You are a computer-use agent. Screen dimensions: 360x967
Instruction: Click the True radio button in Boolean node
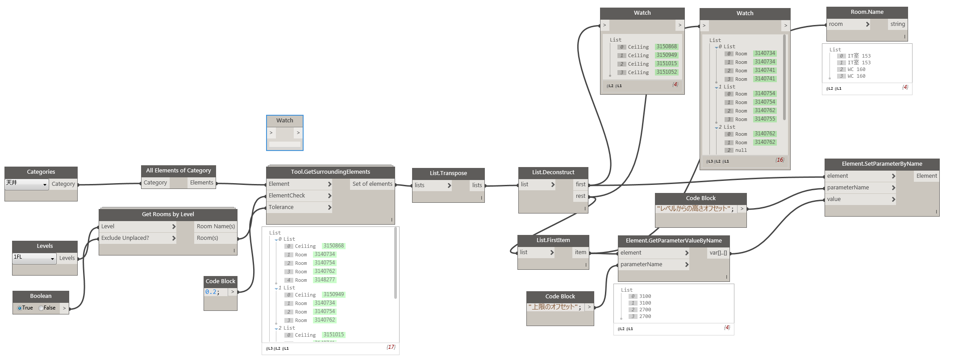tap(20, 308)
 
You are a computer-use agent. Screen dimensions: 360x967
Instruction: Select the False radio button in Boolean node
tap(42, 308)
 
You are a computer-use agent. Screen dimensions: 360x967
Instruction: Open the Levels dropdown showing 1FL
tap(34, 258)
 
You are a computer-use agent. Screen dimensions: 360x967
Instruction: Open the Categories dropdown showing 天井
tap(27, 184)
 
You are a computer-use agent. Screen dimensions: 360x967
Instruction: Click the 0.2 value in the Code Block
tap(212, 292)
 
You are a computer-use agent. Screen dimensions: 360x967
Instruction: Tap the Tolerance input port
tap(300, 207)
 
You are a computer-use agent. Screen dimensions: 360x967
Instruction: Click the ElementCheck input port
tap(300, 196)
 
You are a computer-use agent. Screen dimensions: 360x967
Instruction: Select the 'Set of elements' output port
tap(372, 184)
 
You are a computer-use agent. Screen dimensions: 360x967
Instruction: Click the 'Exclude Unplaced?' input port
tap(138, 238)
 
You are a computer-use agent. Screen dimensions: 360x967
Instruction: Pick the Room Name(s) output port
tap(216, 226)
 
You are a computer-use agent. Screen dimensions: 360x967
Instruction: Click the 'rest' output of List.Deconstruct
tap(580, 196)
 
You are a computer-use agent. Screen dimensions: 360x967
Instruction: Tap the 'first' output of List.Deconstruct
tap(580, 184)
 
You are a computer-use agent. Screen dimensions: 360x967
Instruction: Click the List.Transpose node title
tap(448, 173)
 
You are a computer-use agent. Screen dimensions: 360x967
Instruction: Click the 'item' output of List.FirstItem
tap(580, 252)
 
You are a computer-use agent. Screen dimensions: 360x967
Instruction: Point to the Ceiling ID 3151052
tap(667, 72)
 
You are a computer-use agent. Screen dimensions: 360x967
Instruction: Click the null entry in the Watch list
tap(741, 151)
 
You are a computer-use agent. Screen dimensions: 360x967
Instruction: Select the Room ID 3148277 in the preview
tap(325, 280)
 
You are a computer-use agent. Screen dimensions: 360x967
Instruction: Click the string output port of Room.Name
tap(897, 24)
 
